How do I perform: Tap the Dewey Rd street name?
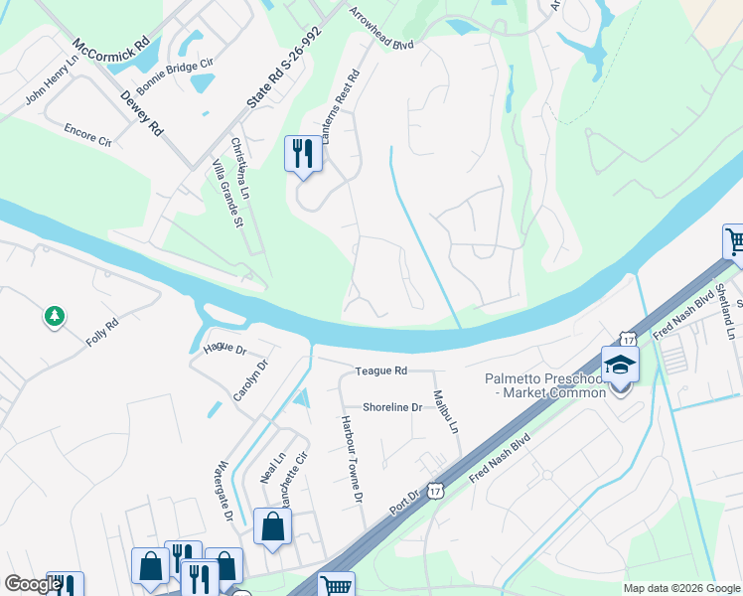coord(141,113)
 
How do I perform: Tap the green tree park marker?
coord(55,317)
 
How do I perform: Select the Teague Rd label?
coord(381,371)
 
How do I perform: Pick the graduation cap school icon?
coord(619,364)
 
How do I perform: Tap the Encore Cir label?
coord(87,135)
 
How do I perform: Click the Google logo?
coord(34,584)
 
